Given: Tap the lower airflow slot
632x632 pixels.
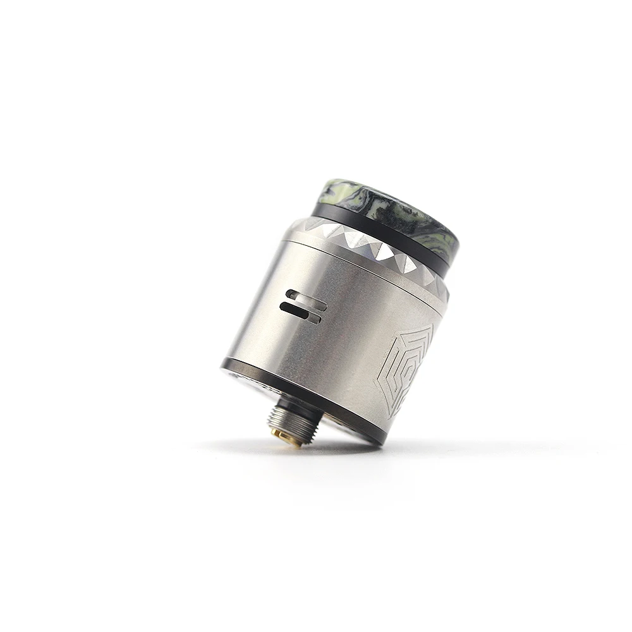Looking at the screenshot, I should [x=301, y=312].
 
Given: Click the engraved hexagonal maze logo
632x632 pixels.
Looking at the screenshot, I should [x=404, y=370].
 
